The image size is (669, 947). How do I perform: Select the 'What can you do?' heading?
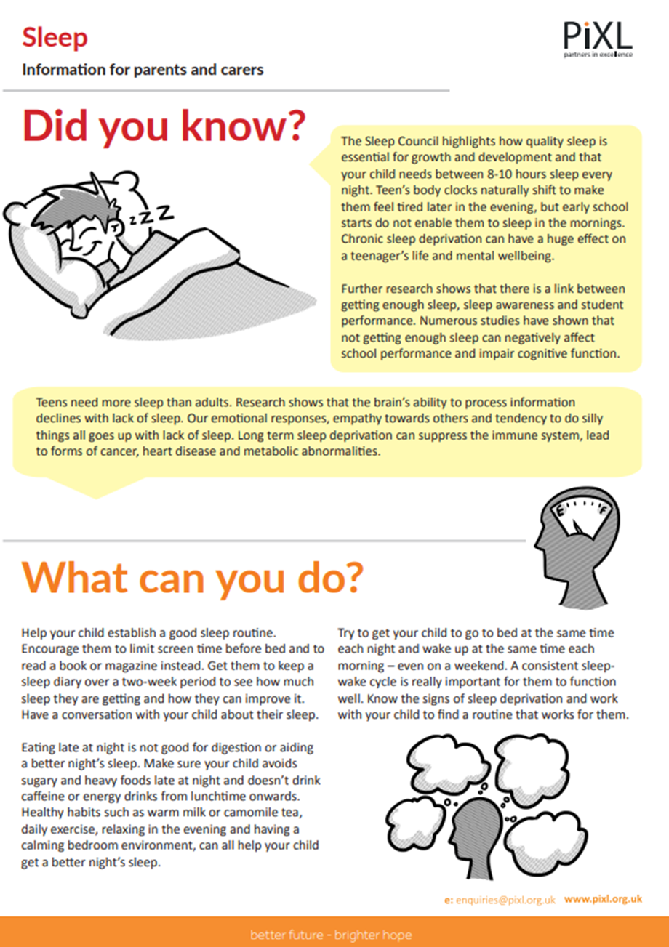point(192,576)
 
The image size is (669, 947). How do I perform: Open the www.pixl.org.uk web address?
point(603,899)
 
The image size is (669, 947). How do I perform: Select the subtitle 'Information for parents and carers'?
point(142,70)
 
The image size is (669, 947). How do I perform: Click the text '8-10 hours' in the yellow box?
point(508,175)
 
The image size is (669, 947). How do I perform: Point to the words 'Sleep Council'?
point(401,139)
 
